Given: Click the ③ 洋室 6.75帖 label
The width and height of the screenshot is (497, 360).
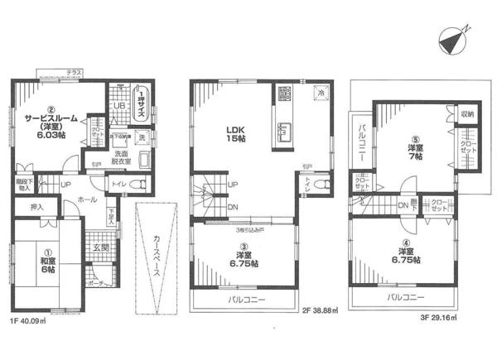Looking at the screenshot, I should pos(244,256).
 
